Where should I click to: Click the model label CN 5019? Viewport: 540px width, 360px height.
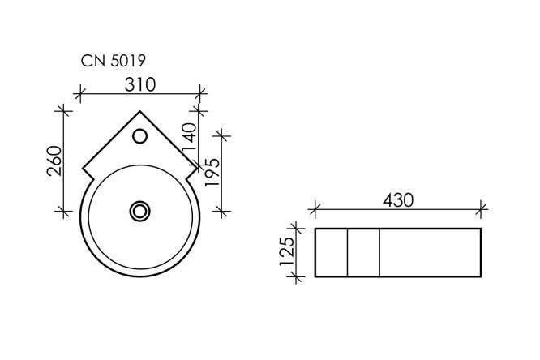113,59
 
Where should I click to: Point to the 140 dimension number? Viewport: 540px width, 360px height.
190,139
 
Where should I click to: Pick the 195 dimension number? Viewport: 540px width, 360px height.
212,173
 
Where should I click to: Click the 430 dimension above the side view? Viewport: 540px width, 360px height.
396,199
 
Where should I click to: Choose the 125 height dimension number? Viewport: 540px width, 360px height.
286,252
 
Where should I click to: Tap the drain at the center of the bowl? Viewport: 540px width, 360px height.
140,211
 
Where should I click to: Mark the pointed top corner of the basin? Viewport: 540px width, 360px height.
140,111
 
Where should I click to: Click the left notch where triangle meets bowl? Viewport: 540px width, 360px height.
85,172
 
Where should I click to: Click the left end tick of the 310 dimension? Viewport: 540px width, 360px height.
79,93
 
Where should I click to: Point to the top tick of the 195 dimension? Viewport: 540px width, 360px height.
222,133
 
